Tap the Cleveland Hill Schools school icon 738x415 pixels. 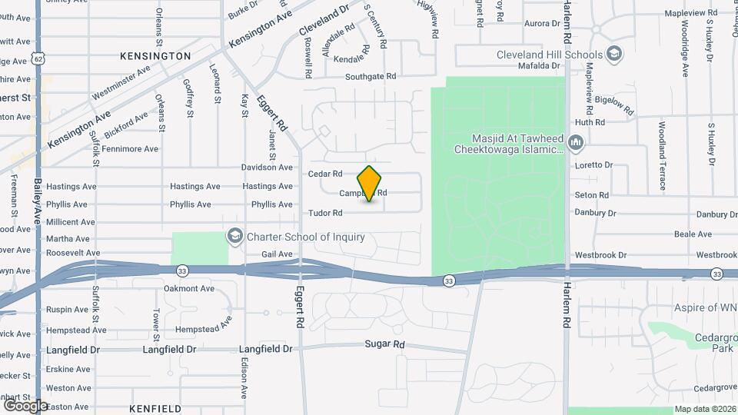tap(614, 54)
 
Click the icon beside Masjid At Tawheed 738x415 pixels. tap(578, 143)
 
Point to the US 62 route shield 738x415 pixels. tap(38, 60)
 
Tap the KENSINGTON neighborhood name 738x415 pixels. tap(155, 56)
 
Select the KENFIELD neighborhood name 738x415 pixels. tap(155, 408)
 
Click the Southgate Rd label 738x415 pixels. tap(370, 77)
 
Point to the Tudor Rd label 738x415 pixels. tap(324, 213)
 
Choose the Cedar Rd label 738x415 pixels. tap(324, 174)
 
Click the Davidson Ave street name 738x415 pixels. tap(268, 168)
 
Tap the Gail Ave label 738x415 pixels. tap(278, 254)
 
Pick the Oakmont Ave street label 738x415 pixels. tap(189, 289)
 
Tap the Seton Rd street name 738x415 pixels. tap(592, 195)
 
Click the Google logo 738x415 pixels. tap(25, 405)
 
